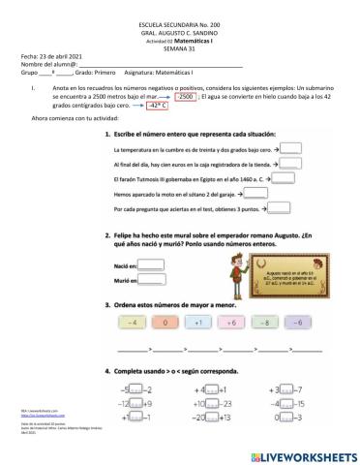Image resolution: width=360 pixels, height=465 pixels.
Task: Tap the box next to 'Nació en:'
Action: pyautogui.click(x=156, y=263)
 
